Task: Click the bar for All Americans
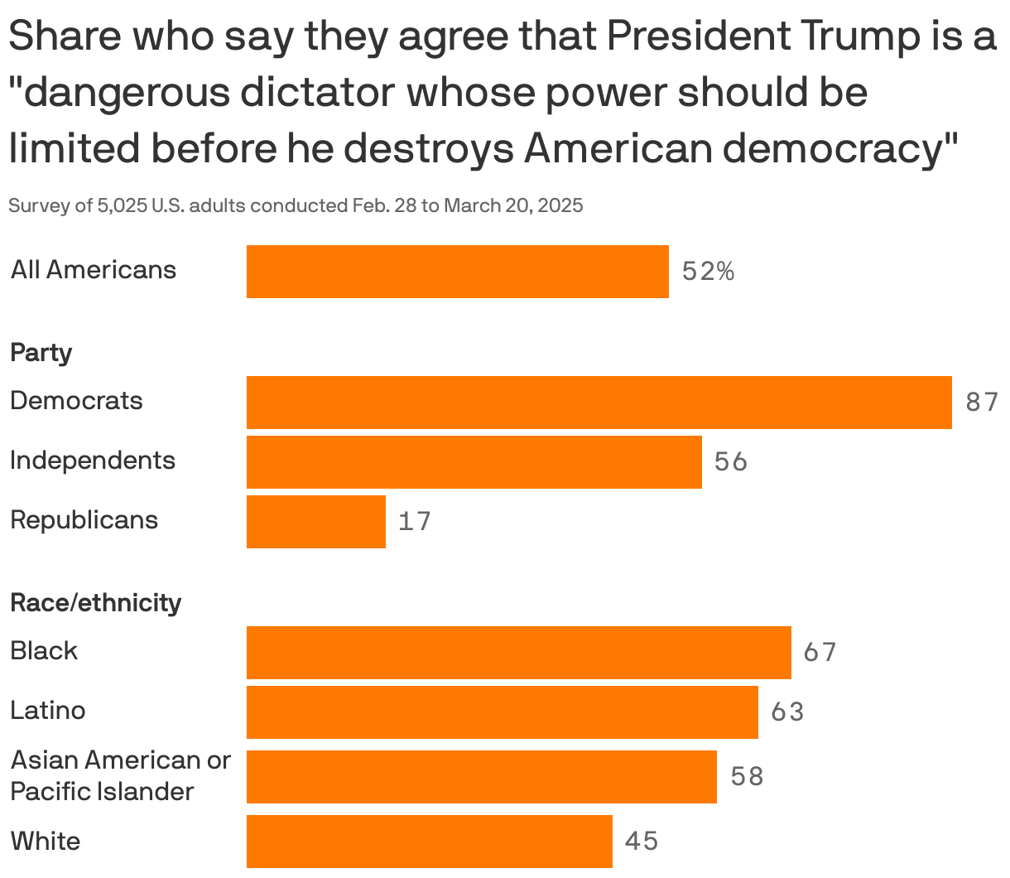click(457, 272)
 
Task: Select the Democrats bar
click(599, 403)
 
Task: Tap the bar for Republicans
click(316, 522)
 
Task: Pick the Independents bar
click(474, 462)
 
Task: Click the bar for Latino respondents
click(502, 712)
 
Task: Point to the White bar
click(429, 842)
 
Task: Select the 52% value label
click(708, 272)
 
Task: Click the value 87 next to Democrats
click(982, 403)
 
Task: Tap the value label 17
click(415, 522)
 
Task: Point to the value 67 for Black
click(820, 653)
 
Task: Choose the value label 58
click(747, 777)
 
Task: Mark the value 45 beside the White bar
click(642, 842)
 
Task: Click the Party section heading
click(41, 353)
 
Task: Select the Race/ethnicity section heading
click(95, 603)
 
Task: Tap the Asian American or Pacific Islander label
click(120, 775)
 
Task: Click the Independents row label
click(93, 461)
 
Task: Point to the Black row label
click(44, 651)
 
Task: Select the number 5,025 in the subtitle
click(123, 205)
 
